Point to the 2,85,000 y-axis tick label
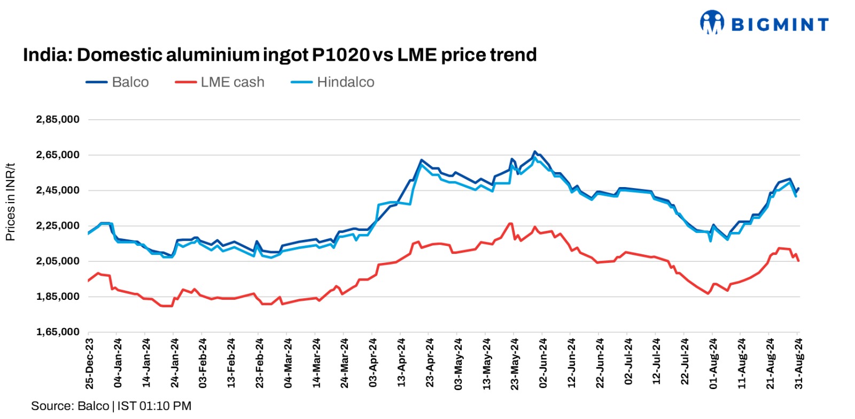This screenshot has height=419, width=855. [58, 119]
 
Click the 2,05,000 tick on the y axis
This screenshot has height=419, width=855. [58, 261]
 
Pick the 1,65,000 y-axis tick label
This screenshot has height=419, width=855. [58, 332]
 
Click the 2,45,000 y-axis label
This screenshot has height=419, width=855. [58, 190]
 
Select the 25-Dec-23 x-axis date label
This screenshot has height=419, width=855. [90, 363]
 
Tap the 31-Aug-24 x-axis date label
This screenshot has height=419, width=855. [799, 363]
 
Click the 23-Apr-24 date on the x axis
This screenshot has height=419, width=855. [430, 363]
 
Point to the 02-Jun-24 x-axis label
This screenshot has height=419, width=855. [543, 363]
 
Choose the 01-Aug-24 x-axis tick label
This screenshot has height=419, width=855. [713, 363]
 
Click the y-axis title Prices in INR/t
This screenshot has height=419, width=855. [10, 202]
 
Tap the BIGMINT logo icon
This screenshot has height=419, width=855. [712, 23]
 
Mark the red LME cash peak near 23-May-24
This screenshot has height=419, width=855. [510, 223]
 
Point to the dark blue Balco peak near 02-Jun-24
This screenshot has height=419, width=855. [534, 152]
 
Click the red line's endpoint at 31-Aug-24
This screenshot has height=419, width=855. [798, 260]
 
